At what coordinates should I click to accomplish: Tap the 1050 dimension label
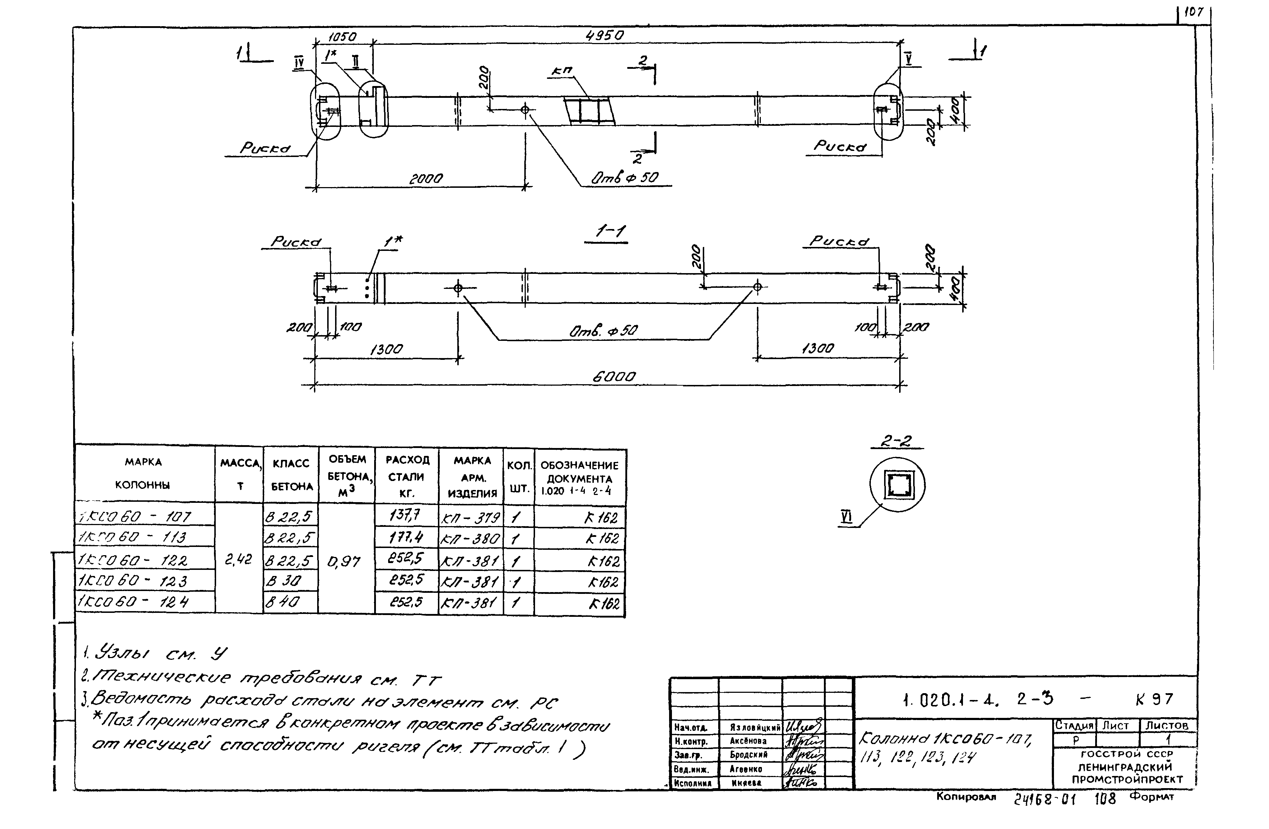click(342, 37)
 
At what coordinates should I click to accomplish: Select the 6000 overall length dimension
click(614, 377)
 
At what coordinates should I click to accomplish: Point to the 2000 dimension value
click(425, 179)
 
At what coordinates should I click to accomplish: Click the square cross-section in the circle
click(897, 485)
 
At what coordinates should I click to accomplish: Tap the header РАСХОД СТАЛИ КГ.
click(407, 476)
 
